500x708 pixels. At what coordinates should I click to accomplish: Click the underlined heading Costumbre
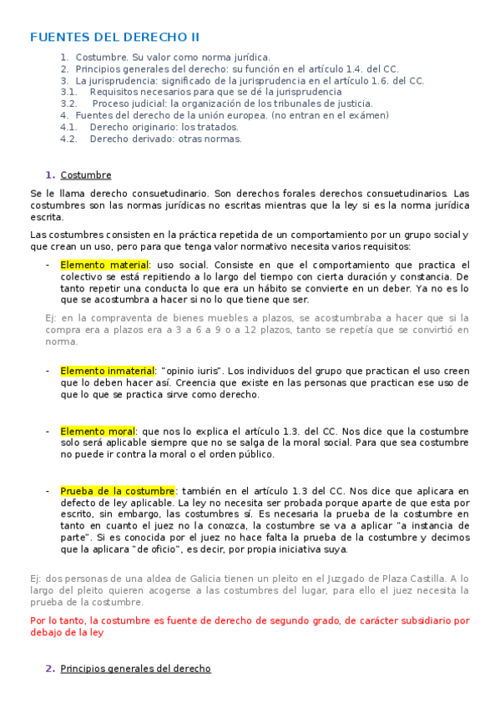[86, 174]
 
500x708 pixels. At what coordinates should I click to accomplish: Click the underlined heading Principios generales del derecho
[135, 669]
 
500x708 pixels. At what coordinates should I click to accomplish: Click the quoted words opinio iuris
[193, 371]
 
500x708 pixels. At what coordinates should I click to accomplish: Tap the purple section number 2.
[50, 669]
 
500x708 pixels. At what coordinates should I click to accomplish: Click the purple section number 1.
[50, 174]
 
